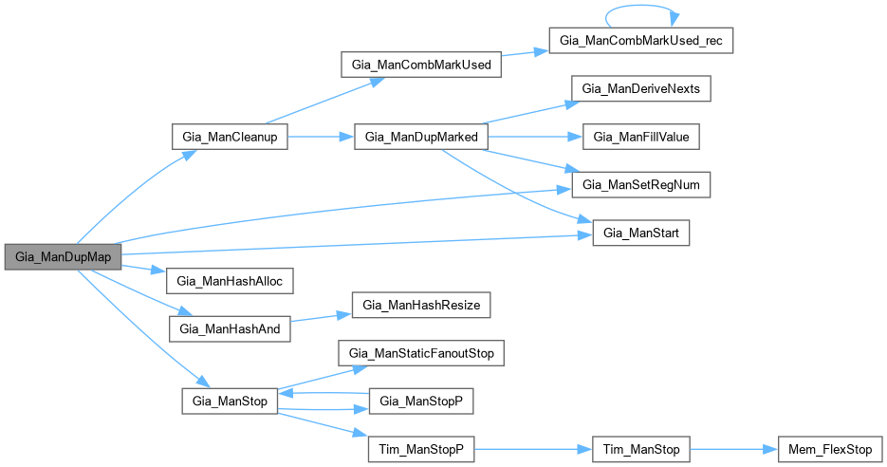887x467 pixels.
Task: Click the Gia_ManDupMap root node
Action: pos(63,257)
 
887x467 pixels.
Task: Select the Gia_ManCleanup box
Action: pos(229,137)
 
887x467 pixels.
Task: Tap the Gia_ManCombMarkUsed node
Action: pos(420,65)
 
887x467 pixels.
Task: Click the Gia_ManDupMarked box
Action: pos(420,137)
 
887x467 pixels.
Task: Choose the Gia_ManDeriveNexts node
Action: pos(640,88)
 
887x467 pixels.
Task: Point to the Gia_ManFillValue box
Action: pos(640,137)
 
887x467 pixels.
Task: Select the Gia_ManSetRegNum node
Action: pos(640,185)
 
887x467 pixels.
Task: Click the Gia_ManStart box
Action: pos(640,233)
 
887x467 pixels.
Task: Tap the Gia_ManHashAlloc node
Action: pos(229,281)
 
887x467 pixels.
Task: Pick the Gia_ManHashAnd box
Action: pos(229,329)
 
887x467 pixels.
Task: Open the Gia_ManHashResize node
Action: pos(420,306)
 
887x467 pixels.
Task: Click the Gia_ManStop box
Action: pos(229,402)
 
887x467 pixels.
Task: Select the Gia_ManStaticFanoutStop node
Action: pos(420,354)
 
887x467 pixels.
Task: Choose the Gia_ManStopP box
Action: pos(420,402)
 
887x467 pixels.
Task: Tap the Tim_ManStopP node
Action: pos(420,449)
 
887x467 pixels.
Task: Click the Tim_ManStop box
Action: pos(640,449)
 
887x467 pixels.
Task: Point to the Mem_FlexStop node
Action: pos(827,449)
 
